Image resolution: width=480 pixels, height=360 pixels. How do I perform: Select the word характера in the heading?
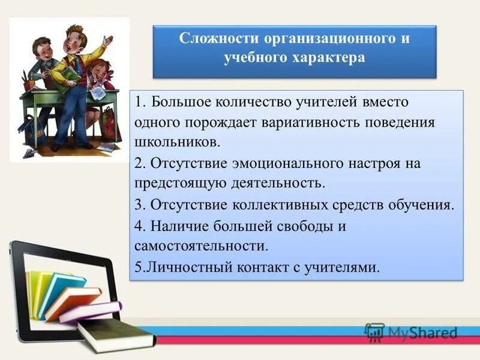point(327,58)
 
